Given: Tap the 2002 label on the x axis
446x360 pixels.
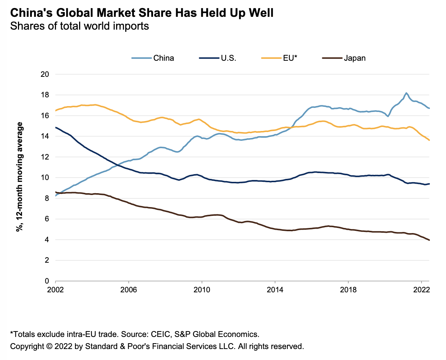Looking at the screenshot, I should [55, 289].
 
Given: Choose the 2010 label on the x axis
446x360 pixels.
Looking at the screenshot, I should [202, 289].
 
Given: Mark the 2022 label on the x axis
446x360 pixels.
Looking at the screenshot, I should [421, 289].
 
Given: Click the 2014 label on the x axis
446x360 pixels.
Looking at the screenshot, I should [275, 289].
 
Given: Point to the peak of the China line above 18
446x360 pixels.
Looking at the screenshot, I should [406, 93].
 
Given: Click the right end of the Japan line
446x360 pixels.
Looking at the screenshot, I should [429, 240].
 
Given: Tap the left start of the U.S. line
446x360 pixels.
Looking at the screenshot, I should [56, 127].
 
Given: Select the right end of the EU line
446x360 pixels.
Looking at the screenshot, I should [429, 140].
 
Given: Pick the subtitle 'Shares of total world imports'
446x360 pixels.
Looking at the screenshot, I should [79, 26].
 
